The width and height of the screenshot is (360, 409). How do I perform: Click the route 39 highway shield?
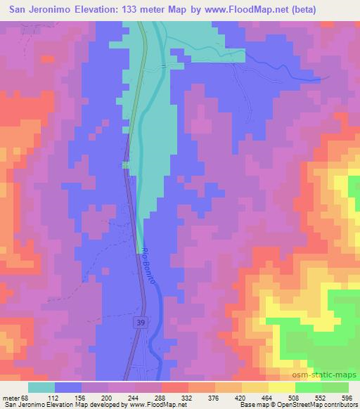point(141,320)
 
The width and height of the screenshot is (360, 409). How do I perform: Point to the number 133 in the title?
point(133,11)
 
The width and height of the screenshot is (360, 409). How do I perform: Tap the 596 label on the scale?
point(345,398)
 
